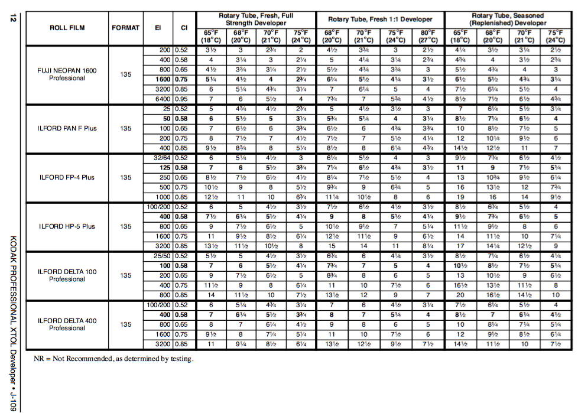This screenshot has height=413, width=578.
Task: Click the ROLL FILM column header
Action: click(x=67, y=27)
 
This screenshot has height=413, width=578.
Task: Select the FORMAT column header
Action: click(x=126, y=27)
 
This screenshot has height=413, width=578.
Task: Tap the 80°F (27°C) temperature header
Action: click(x=427, y=36)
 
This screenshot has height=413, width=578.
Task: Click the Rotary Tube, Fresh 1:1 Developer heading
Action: click(x=380, y=19)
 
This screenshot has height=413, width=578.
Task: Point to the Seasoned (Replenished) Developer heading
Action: click(x=508, y=19)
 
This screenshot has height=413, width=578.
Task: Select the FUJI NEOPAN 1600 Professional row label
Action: click(x=67, y=74)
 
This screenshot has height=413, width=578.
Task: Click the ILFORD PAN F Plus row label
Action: click(x=67, y=128)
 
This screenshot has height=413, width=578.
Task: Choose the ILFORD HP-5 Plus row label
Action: click(x=67, y=226)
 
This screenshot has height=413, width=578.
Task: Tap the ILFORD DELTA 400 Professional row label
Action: click(x=67, y=324)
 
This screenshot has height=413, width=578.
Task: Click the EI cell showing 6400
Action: click(x=163, y=99)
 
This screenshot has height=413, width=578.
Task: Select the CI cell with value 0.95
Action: click(x=184, y=99)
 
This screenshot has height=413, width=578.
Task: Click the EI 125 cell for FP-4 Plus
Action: click(x=164, y=168)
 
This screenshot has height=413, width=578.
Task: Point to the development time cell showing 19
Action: click(x=460, y=197)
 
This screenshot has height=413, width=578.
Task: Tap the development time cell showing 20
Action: click(x=460, y=295)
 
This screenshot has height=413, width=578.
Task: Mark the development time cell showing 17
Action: click(x=460, y=246)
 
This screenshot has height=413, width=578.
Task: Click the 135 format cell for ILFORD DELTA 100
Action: click(x=126, y=275)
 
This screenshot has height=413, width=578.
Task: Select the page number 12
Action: click(x=12, y=18)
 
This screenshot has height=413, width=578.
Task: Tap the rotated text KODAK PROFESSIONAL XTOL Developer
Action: click(x=12, y=307)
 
